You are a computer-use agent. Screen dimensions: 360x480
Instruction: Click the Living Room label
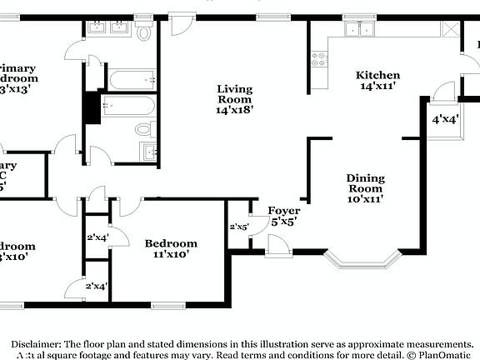coord(235,98)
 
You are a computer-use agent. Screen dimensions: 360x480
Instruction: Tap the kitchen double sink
coord(360,29)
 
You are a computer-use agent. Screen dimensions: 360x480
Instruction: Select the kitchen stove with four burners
coord(318,58)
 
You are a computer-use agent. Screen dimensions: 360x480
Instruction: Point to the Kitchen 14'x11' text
coord(377,80)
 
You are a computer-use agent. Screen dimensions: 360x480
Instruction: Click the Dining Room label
coord(365,188)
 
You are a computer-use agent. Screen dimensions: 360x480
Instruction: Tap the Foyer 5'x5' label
coord(282,216)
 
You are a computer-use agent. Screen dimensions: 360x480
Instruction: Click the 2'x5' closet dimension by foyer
coord(239,227)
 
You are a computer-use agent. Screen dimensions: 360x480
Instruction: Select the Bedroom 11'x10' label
coord(171,248)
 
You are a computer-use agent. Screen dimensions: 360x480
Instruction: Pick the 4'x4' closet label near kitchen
coord(444,119)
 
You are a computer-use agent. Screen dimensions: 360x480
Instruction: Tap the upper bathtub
coord(130,80)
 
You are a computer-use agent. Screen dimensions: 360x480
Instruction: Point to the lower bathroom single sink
coord(149,152)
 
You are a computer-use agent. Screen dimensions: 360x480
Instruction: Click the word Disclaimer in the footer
coord(35,343)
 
